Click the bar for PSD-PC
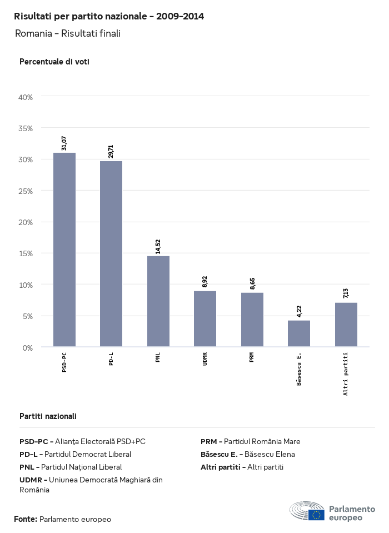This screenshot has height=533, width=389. (x=64, y=250)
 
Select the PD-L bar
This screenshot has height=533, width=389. (x=111, y=254)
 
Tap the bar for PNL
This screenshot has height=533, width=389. (x=158, y=301)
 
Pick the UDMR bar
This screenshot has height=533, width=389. (x=205, y=319)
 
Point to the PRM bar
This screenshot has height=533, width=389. (x=252, y=320)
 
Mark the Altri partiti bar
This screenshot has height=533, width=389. (x=346, y=325)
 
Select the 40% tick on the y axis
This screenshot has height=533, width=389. (x=26, y=97)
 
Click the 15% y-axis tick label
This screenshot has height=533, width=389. (x=26, y=253)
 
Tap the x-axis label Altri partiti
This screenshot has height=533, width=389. (x=346, y=373)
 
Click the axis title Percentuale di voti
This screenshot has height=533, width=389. (x=54, y=62)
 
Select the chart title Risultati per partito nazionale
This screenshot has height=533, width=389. (x=109, y=17)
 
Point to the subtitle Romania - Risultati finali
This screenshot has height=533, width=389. (x=68, y=33)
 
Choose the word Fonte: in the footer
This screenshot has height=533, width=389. (x=26, y=519)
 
